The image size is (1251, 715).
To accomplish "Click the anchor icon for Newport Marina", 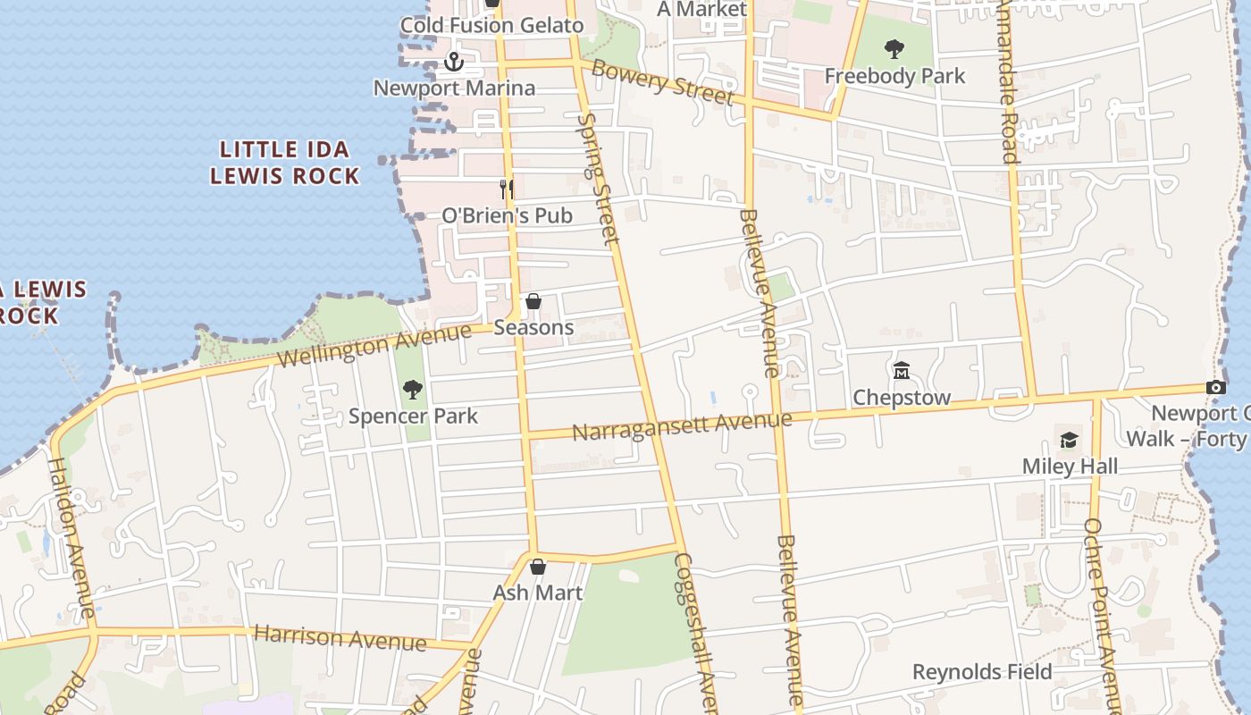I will click(454, 62).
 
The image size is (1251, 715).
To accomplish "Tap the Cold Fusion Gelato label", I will click(491, 25).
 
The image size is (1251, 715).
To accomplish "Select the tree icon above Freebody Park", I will click(894, 49).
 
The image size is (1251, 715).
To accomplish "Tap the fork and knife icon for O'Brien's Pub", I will click(507, 189).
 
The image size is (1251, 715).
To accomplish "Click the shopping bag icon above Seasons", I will click(533, 301).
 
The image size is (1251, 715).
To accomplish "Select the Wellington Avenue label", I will click(374, 345).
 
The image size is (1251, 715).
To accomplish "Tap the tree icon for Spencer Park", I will click(412, 389).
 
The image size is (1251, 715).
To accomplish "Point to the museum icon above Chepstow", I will click(901, 369).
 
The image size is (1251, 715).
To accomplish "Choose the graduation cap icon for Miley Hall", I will click(1069, 440).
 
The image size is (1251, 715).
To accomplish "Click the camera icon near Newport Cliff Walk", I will click(1215, 387).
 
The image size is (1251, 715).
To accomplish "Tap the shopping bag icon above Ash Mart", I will click(538, 567).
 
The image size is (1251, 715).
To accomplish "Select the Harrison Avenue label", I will click(340, 637).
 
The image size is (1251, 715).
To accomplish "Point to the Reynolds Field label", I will click(982, 672).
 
